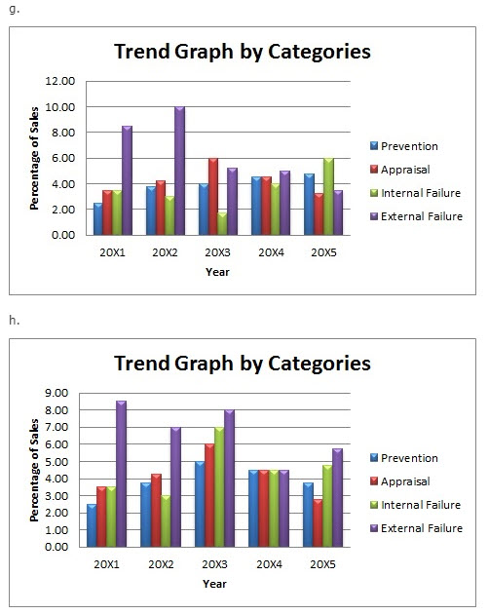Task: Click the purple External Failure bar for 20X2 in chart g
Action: click(180, 171)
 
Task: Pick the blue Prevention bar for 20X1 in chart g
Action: click(98, 219)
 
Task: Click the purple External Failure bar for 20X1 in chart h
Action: click(121, 475)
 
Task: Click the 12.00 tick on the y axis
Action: click(61, 81)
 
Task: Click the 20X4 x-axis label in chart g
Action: click(272, 252)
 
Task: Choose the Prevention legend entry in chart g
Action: click(409, 146)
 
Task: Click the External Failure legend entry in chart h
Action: click(421, 527)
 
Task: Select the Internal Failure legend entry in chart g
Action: click(421, 193)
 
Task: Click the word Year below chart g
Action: click(218, 272)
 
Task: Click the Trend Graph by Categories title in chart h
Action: click(243, 363)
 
